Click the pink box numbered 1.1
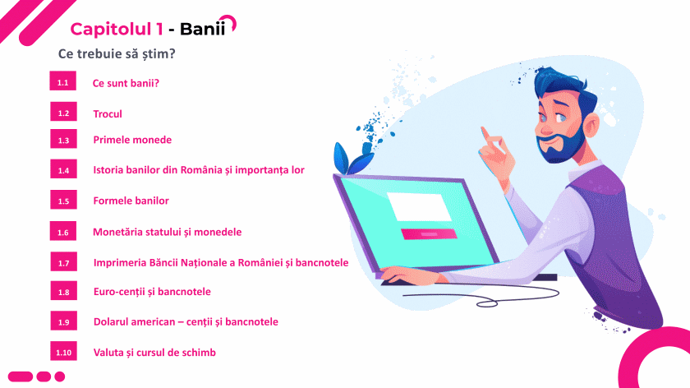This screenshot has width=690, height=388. pyautogui.click(x=63, y=81)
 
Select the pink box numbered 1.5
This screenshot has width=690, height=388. pyautogui.click(x=63, y=200)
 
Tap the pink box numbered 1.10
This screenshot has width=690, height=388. pyautogui.click(x=63, y=352)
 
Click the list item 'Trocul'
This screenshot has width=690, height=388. pyautogui.click(x=108, y=114)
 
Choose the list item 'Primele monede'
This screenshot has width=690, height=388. pyautogui.click(x=132, y=140)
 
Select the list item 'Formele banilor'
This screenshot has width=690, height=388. pyautogui.click(x=131, y=201)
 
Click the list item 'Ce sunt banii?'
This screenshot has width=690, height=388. pyautogui.click(x=126, y=83)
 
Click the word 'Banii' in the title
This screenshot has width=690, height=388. pyautogui.click(x=202, y=29)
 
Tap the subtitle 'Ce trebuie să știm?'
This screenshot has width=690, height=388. pyautogui.click(x=117, y=53)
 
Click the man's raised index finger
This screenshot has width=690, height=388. pyautogui.click(x=486, y=134)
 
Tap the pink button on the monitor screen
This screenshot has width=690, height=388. pyautogui.click(x=429, y=233)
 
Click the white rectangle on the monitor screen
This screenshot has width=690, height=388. pyautogui.click(x=419, y=206)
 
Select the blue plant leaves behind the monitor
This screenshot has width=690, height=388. pyautogui.click(x=352, y=156)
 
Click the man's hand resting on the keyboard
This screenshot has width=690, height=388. pyautogui.click(x=409, y=275)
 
